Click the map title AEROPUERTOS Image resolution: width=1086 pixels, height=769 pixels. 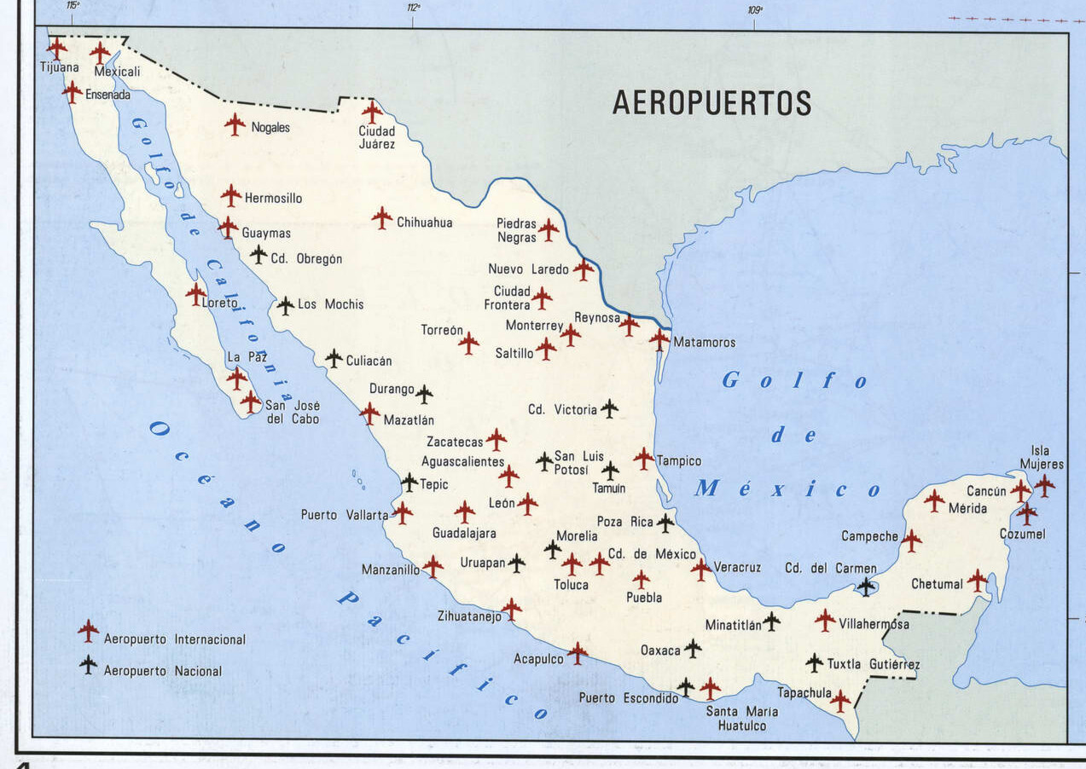point(711,102)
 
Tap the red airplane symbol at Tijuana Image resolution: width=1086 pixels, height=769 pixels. point(57,48)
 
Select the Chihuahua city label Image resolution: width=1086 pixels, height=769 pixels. point(424,223)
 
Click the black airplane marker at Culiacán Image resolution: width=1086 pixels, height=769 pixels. point(334,359)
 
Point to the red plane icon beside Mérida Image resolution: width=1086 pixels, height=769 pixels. point(934,500)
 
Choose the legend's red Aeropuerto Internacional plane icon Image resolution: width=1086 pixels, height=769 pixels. point(88,631)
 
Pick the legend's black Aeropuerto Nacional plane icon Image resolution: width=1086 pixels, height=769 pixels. point(88,664)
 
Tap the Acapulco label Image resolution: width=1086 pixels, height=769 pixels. point(538,659)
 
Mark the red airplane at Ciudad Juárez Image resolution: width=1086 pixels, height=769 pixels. point(372,112)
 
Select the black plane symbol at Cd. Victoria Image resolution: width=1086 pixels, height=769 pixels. point(609,408)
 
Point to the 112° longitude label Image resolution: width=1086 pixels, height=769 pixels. point(414,8)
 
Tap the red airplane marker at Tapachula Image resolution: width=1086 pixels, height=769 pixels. point(840,701)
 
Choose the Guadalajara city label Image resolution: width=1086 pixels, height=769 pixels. point(464,533)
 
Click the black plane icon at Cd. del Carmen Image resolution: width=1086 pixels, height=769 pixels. point(867,586)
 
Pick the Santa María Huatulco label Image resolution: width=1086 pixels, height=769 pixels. point(740,719)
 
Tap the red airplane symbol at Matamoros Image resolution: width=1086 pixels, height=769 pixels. point(659,339)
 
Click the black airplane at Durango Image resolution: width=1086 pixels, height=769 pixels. point(424,394)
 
